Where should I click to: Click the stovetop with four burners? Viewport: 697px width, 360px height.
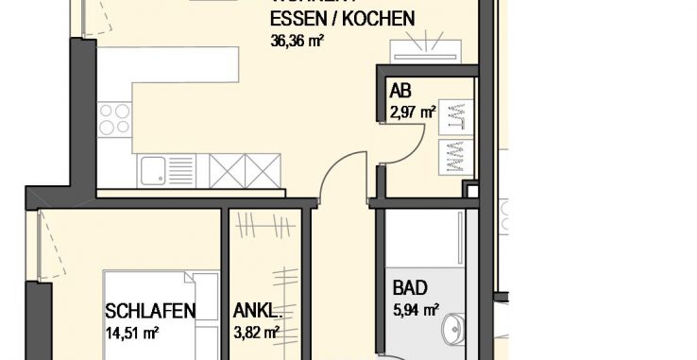click(113, 120)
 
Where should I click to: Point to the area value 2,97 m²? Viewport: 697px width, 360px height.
click(412, 112)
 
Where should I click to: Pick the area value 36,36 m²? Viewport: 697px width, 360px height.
click(299, 41)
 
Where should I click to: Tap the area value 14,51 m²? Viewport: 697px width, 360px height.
click(132, 331)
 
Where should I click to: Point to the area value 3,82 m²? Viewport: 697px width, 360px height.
click(256, 331)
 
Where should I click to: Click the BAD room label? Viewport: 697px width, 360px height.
click(410, 288)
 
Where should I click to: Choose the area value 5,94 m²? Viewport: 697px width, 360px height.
click(416, 308)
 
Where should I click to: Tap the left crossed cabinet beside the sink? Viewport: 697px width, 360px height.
click(227, 171)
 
